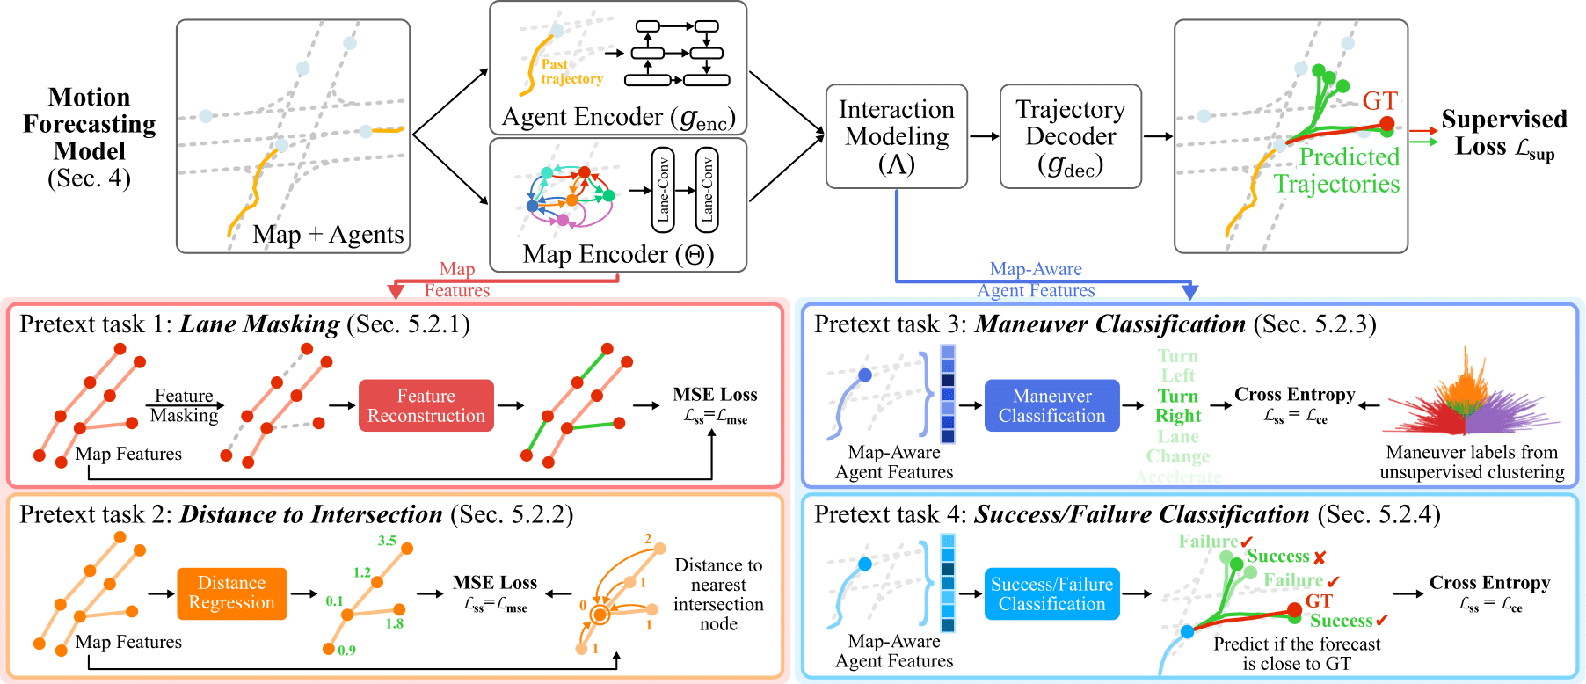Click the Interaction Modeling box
point(896,136)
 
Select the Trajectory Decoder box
point(1070,136)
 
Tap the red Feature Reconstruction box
point(426,405)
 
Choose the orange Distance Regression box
point(231,593)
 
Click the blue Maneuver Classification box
point(1051,405)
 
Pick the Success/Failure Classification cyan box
point(1051,593)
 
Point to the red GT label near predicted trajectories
point(1379,101)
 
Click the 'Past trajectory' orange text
point(571,71)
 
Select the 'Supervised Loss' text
point(1503,133)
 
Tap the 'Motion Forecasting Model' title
point(89,124)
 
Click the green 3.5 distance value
point(387,541)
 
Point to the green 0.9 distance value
point(346,651)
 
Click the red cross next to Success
point(1320,557)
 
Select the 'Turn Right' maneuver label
point(1177,405)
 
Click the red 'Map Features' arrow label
point(457,280)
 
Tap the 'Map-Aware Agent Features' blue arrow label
point(1036,280)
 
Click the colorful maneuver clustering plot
point(1469,396)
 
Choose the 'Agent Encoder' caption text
point(617,117)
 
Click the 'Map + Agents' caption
point(328,235)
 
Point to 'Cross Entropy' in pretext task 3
point(1294,395)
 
